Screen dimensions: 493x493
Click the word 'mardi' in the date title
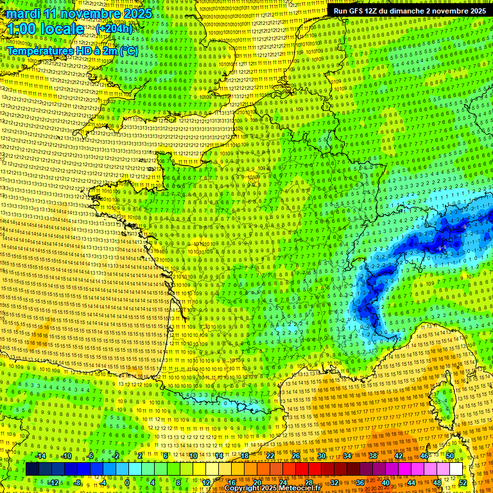(x=21, y=13)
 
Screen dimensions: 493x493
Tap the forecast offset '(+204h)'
(x=114, y=29)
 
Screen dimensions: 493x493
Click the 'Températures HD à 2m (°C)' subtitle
(x=73, y=51)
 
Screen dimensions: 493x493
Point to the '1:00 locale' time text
(x=46, y=29)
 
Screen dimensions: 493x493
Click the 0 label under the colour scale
(x=128, y=483)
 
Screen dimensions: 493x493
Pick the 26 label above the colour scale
(x=297, y=456)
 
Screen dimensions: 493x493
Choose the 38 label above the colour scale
(x=373, y=456)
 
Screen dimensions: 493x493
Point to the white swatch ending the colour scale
(x=456, y=469)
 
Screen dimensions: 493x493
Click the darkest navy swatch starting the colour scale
(x=31, y=469)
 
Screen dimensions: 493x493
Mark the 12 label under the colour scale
(x=206, y=483)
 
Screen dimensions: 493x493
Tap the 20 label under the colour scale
(x=257, y=483)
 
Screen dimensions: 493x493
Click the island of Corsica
(x=443, y=398)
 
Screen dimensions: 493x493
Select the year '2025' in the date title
(x=137, y=13)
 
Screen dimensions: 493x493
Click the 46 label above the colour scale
(x=424, y=456)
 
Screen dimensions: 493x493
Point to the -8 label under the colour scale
(x=77, y=483)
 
